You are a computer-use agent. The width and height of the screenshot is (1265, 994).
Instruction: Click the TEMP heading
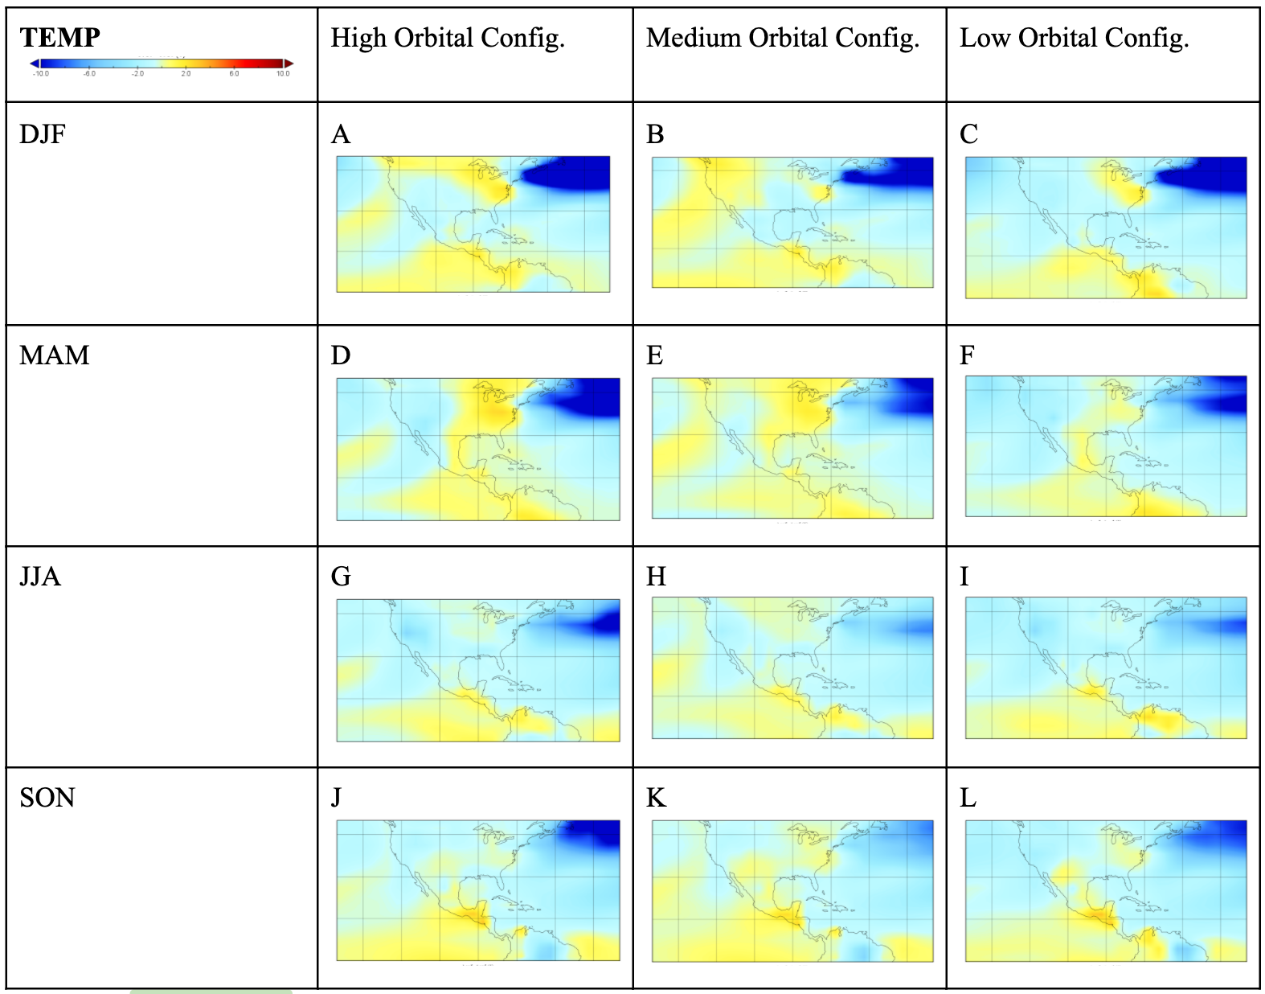coord(59,38)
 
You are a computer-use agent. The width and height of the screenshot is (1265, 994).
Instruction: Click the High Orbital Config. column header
coord(448,38)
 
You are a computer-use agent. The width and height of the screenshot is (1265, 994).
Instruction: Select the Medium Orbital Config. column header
coord(782,38)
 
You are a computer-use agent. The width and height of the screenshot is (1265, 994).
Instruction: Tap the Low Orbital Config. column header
coord(1074,38)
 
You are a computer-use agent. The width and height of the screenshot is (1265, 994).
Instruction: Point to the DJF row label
coord(43,133)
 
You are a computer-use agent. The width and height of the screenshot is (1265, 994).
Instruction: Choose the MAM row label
coord(54,355)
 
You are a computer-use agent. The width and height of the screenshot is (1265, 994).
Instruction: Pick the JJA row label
coord(40,577)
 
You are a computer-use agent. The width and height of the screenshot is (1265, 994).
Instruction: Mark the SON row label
coord(47,798)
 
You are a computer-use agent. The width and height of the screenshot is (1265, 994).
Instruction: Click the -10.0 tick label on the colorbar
coord(41,74)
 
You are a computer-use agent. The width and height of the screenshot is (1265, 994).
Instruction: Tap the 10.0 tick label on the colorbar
coord(283,74)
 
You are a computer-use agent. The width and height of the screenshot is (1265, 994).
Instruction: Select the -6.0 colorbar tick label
coord(89,74)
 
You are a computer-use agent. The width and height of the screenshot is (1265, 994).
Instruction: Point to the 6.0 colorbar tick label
coord(234,74)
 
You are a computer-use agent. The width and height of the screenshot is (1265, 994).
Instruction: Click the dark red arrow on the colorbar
coord(289,63)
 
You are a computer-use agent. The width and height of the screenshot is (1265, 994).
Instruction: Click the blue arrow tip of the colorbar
coord(35,63)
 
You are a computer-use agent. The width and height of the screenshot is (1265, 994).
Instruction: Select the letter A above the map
coord(341,133)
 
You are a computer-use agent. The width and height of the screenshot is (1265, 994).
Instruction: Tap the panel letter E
coord(654,355)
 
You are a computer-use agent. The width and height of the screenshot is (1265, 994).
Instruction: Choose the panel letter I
coord(964,577)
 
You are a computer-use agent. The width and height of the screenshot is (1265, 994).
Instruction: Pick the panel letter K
coord(656,798)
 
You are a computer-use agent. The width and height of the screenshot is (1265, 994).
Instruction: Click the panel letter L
coord(968,798)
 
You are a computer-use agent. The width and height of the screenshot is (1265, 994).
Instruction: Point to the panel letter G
coord(341,577)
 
